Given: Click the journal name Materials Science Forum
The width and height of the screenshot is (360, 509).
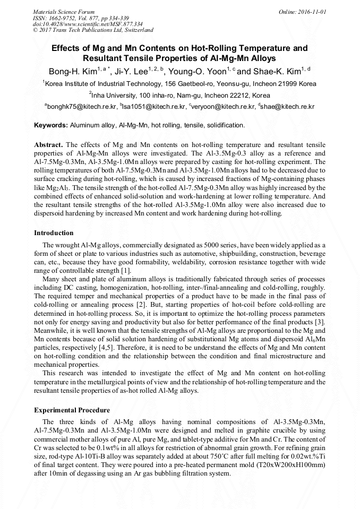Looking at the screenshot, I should point(64,11).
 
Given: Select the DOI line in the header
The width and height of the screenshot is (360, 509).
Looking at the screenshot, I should point(88,24).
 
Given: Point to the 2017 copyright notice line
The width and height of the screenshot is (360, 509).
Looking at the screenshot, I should point(93,30).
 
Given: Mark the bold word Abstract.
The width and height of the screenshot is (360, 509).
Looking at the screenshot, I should point(48,144).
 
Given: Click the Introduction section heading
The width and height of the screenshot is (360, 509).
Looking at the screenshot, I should point(54,232).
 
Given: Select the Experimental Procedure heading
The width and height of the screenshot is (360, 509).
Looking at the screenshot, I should point(72,410).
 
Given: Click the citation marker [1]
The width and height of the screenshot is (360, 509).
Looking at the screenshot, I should point(126,271).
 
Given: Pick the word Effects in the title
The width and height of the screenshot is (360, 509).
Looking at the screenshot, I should point(65,48).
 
